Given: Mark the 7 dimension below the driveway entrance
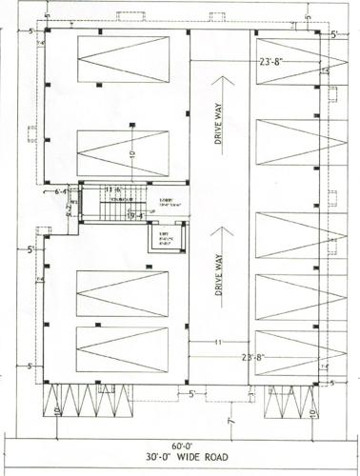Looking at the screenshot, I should pyautogui.click(x=230, y=418).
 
